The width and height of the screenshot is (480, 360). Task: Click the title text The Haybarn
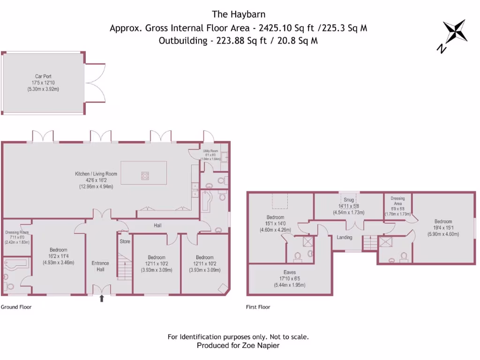point(238,14)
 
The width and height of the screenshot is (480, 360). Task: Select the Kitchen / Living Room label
point(96,174)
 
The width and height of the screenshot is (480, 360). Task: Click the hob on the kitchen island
point(145,176)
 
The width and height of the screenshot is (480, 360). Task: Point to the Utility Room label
point(210,151)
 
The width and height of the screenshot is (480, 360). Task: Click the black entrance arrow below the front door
point(102,298)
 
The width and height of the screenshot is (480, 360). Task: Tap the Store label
point(125,241)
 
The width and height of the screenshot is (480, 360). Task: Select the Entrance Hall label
point(100,266)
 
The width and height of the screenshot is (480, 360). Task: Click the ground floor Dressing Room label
point(17,232)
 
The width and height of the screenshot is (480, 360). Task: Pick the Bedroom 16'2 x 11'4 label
point(59,250)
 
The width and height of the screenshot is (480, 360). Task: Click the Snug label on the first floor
point(348,200)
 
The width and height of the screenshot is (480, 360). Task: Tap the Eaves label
point(289,271)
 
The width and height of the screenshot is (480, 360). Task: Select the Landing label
point(345,237)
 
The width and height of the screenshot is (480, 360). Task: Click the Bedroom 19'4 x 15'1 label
point(442,222)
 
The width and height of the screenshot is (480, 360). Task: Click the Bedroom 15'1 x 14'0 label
point(275,217)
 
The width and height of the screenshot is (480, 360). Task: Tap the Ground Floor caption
point(16,307)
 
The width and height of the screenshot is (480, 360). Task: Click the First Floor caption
point(258,307)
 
